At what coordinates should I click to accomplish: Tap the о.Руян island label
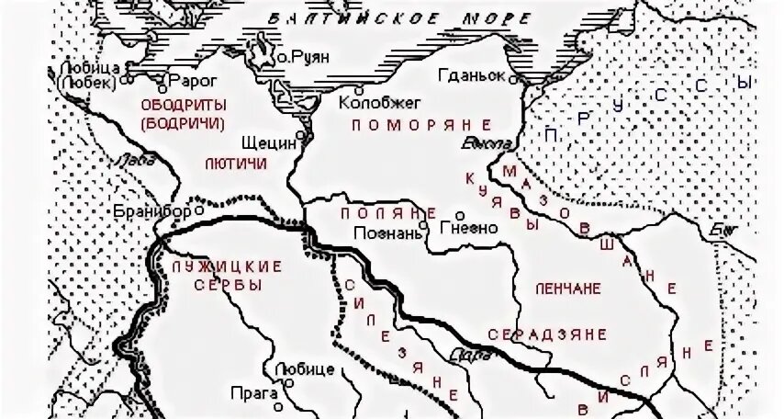[x=303, y=57]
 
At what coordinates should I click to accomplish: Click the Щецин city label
[x=265, y=143]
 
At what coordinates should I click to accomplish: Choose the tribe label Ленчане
[x=567, y=288]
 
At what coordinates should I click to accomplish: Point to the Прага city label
[x=257, y=393]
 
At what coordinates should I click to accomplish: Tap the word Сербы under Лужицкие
[x=229, y=286]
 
